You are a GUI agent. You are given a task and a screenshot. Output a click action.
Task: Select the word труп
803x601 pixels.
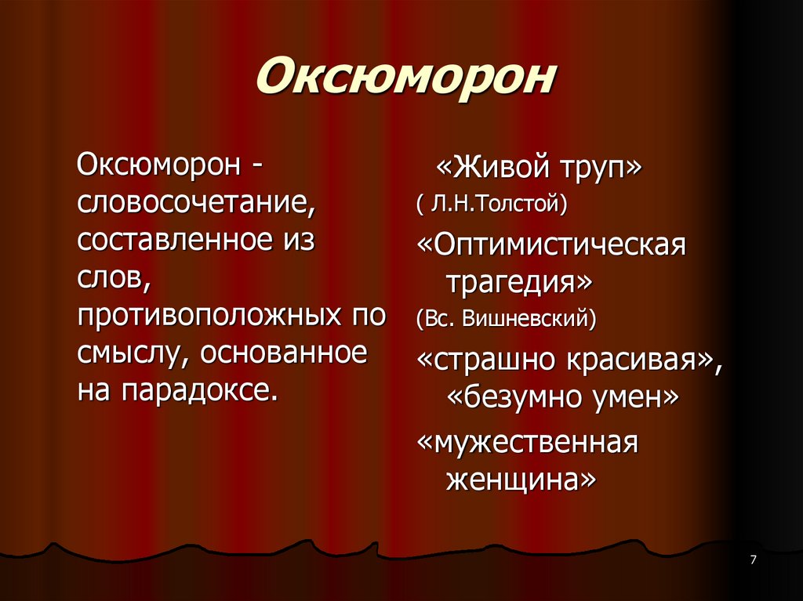click(602, 169)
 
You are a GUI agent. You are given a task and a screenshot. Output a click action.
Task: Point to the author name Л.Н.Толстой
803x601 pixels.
click(497, 205)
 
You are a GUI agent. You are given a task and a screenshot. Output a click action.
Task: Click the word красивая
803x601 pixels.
click(640, 361)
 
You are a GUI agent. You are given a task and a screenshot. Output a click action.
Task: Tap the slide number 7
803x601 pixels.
click(753, 559)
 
